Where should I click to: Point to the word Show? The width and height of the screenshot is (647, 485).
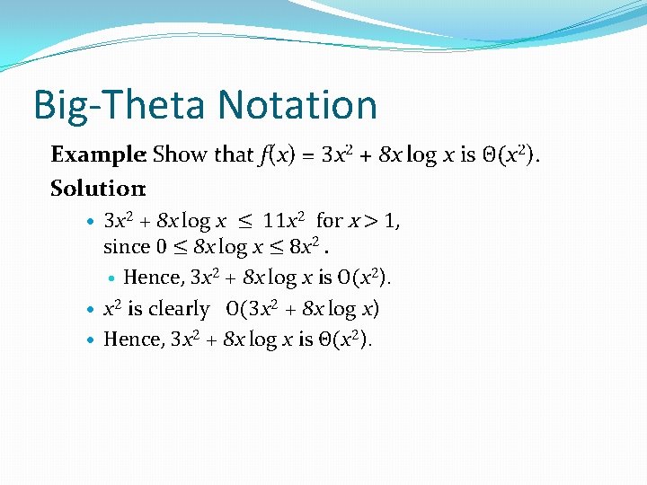[x=182, y=154]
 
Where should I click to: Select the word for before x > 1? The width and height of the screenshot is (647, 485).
[x=330, y=220]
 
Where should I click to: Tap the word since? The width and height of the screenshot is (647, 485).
[x=124, y=246]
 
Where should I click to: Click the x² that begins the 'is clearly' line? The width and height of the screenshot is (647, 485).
[x=113, y=309]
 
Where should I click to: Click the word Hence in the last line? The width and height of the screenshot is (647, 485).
[x=132, y=339]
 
